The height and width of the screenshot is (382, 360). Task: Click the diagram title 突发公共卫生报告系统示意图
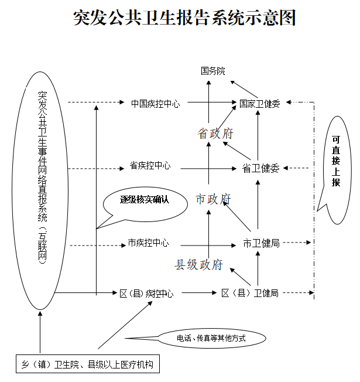pos(184,18)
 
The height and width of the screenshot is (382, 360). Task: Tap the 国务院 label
pos(212,71)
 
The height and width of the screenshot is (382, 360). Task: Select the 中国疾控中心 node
pos(155,104)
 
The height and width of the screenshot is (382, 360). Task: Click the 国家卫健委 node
pos(259,104)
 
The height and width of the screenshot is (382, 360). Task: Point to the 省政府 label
pos(215,134)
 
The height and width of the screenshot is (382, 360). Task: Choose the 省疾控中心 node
pos(150,166)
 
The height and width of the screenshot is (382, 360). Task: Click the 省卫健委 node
pos(260,168)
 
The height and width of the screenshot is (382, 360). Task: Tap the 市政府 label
pos(213,199)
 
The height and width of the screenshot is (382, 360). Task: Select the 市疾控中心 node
pos(148,243)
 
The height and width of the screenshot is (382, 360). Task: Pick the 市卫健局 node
pos(262,243)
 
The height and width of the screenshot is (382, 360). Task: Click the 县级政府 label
pos(198,265)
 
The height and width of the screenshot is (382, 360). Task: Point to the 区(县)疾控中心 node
pos(146,294)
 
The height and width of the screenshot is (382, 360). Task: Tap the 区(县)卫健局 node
pos(250,293)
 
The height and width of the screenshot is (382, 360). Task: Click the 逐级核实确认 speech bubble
pos(145,204)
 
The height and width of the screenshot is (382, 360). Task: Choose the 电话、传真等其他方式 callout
pos(211,338)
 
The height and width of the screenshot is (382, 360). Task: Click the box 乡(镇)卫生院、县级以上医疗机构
pos(88,364)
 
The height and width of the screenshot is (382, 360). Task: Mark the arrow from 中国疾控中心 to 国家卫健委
pos(212,103)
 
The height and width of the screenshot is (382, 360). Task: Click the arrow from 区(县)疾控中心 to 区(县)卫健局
pos(199,292)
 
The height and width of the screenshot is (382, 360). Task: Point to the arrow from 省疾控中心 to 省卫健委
pos(208,168)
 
